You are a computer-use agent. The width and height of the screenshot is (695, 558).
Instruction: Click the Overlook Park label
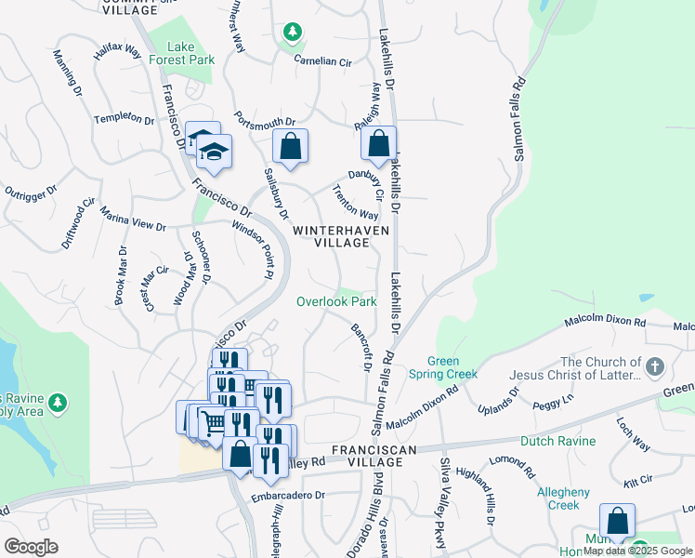coord(336,301)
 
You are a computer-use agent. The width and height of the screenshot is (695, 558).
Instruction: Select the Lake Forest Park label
coord(190,53)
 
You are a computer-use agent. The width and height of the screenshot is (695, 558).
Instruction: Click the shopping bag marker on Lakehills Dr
coord(378,145)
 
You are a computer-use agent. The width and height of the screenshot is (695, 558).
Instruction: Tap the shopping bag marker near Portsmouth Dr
coord(290,147)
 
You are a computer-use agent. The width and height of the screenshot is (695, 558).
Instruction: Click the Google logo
coord(31,547)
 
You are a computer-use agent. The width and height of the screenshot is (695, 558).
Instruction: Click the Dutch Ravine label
coord(557,441)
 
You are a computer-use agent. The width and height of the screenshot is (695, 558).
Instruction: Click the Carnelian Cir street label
coord(323,62)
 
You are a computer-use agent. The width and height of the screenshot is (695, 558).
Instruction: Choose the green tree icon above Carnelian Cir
coord(294,33)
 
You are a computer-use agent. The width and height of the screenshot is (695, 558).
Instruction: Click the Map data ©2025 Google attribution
coord(637,551)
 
